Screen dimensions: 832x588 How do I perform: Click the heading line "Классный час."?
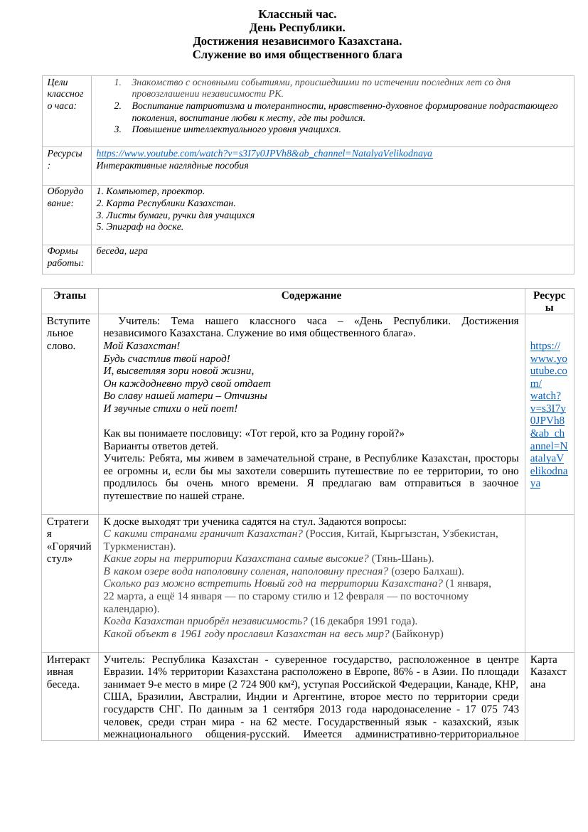coord(297,14)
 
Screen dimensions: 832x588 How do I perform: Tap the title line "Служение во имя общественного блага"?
coord(297,55)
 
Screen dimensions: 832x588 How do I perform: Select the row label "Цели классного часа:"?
coord(65,94)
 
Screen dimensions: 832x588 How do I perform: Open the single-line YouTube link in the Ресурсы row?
coord(264,154)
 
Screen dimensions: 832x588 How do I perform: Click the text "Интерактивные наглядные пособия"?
coord(172,166)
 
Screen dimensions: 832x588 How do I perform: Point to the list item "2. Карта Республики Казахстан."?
coord(166,203)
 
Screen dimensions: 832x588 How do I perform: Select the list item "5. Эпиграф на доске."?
coord(140,227)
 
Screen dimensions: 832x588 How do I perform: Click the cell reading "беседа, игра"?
coord(122,251)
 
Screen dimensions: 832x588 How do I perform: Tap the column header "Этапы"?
coord(70,295)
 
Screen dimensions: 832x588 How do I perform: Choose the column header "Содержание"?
coord(311,295)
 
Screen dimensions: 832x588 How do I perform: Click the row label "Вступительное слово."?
coord(68,333)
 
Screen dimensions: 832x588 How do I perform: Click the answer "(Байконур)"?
coord(417,634)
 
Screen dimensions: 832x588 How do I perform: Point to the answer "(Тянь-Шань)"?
coord(402,559)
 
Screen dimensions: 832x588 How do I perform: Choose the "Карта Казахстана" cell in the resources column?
coord(548,671)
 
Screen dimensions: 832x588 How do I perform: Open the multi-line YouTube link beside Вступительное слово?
coord(548,415)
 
